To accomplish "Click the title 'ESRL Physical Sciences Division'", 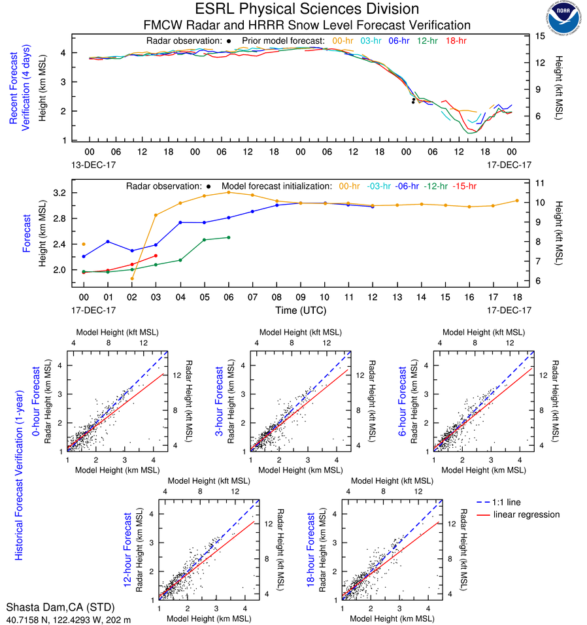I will click(307, 9).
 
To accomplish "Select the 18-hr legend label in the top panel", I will click(455, 41).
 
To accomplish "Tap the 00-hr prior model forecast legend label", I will click(344, 41).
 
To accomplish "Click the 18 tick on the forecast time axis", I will click(516, 297).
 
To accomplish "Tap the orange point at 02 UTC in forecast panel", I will click(132, 279).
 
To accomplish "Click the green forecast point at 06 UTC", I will click(228, 237).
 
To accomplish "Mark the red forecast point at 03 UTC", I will click(156, 256).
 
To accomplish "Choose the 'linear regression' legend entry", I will click(527, 515).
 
